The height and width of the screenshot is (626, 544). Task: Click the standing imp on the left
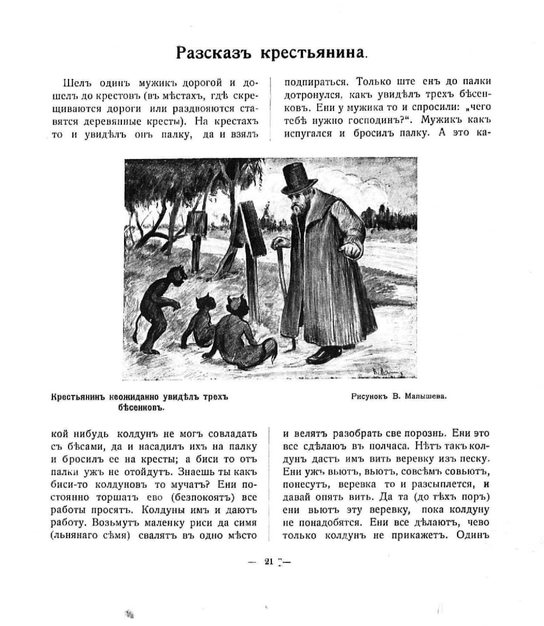[x=157, y=308]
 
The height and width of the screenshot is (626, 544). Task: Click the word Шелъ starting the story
[x=76, y=83]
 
